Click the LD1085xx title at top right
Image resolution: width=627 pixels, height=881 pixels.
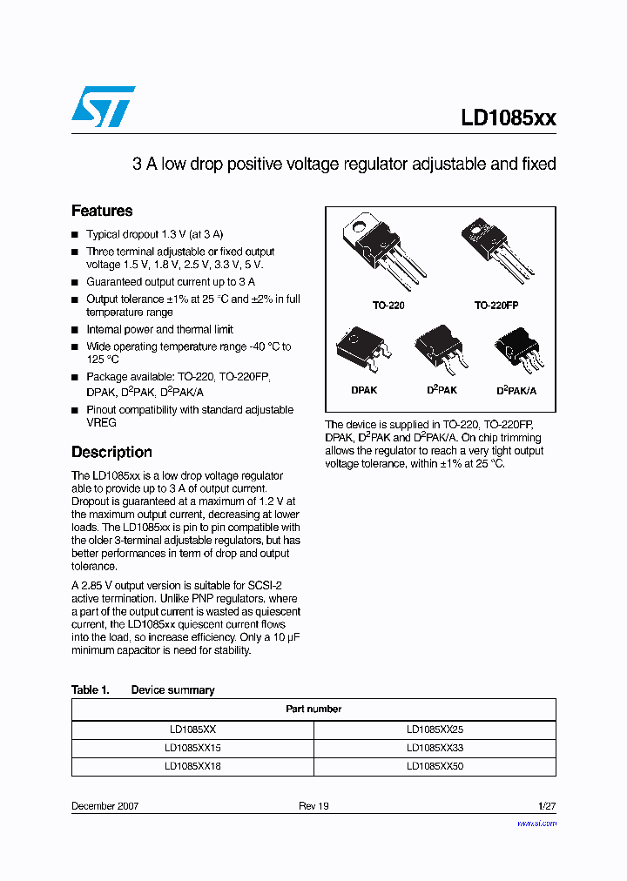tap(509, 119)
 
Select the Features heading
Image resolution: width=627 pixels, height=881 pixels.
tap(102, 211)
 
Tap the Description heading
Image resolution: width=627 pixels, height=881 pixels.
tap(111, 452)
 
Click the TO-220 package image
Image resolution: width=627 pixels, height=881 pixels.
tap(383, 253)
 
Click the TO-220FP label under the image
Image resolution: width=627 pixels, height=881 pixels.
tap(496, 306)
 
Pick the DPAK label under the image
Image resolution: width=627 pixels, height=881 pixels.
tap(364, 391)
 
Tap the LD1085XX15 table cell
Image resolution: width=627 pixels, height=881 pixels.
tap(192, 749)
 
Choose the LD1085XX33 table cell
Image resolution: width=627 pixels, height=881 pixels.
tap(435, 749)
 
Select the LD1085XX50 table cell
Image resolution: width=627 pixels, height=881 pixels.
tap(435, 767)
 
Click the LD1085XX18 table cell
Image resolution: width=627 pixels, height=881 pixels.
tap(192, 767)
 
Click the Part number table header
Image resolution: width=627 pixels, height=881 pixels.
tap(313, 709)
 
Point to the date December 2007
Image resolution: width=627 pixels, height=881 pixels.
tap(104, 806)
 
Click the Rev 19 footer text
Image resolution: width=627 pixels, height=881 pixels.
tap(313, 806)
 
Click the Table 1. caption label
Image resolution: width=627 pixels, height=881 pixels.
tap(90, 689)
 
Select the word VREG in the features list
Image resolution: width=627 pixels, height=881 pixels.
tap(101, 422)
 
